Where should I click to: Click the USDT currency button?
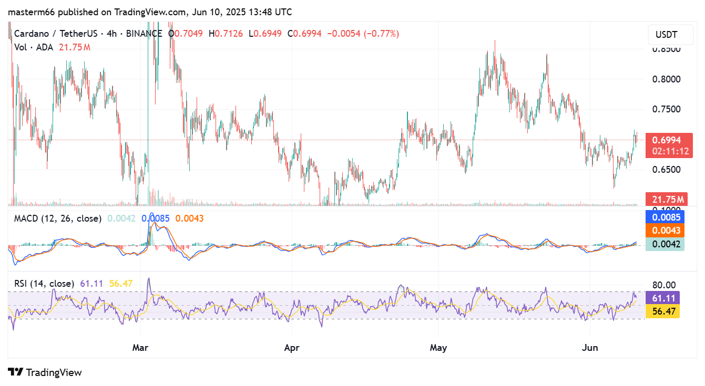(x=666, y=35)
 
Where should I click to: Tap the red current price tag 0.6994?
(x=666, y=140)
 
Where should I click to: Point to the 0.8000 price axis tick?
(x=666, y=79)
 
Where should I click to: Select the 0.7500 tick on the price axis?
(x=666, y=109)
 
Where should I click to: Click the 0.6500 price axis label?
(x=666, y=170)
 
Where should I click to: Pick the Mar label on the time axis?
(x=140, y=347)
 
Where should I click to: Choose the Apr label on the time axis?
(x=291, y=347)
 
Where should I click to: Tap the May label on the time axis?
(x=438, y=347)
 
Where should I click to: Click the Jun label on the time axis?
(x=589, y=347)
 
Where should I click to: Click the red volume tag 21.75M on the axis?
(x=666, y=200)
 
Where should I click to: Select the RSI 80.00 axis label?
(x=663, y=285)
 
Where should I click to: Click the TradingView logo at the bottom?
(x=45, y=372)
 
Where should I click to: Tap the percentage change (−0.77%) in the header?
(x=381, y=34)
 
